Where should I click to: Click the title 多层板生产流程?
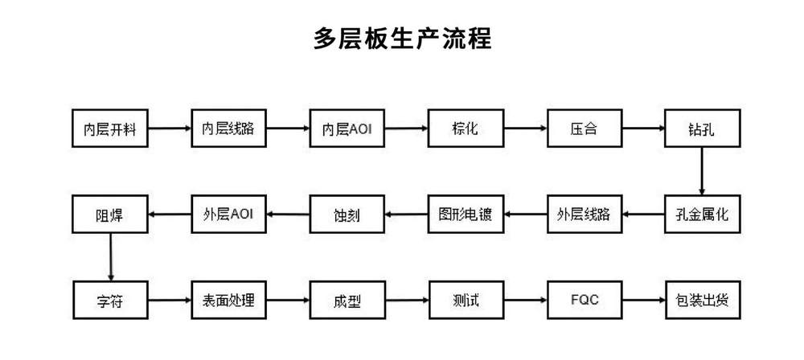[x=403, y=39]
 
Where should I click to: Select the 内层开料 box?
[x=109, y=129]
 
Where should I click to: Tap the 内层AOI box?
[x=347, y=129]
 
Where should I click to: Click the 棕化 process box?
[x=466, y=129]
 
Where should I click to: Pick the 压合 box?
[x=585, y=129]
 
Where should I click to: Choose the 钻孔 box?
[x=703, y=129]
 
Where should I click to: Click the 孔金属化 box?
[x=703, y=214]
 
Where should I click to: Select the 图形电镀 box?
[x=466, y=214]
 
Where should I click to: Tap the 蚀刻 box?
[x=347, y=214]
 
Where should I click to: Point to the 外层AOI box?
[x=228, y=214]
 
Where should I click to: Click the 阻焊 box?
[x=109, y=214]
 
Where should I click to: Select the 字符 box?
[x=109, y=300]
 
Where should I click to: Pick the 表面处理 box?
[x=228, y=300]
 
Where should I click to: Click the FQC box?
[x=585, y=300]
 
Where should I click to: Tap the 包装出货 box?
[x=703, y=300]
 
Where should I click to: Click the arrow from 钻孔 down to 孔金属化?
[x=702, y=171]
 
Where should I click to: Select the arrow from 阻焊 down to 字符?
[x=110, y=257]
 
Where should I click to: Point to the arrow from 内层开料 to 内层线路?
[x=169, y=129]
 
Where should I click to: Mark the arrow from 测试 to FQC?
[x=525, y=300]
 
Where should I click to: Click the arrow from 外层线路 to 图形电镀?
[x=525, y=214]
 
